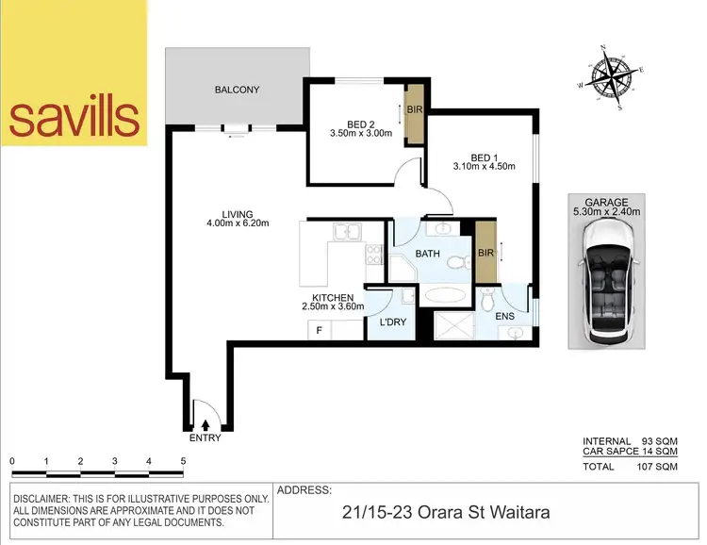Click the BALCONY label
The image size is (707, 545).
click(237, 91)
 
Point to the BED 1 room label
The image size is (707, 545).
click(482, 157)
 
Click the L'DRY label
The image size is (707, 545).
click(392, 322)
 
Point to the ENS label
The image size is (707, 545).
click(506, 316)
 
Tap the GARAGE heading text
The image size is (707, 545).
click(606, 201)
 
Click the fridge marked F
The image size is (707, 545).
click(320, 330)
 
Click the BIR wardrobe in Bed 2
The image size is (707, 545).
click(413, 112)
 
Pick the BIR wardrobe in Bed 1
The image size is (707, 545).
click(485, 254)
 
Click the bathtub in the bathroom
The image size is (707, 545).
click(443, 295)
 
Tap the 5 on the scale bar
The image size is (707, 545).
click(183, 461)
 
